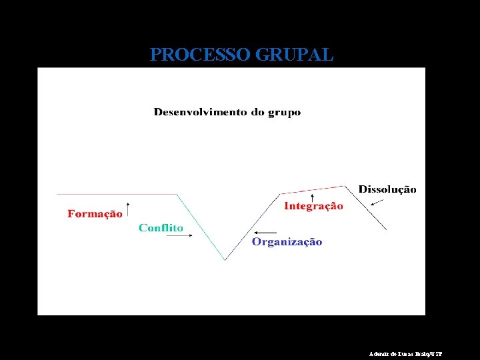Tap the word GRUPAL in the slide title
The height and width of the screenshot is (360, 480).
point(294,55)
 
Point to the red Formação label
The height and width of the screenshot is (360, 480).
point(95,214)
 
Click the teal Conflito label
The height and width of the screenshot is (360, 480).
point(161,228)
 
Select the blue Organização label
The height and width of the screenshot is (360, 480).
point(287,242)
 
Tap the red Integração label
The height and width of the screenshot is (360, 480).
point(313,206)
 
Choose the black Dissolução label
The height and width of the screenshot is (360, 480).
point(387,189)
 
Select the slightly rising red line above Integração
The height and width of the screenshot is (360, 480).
point(313,190)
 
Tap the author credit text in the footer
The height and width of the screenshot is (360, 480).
point(405,354)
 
